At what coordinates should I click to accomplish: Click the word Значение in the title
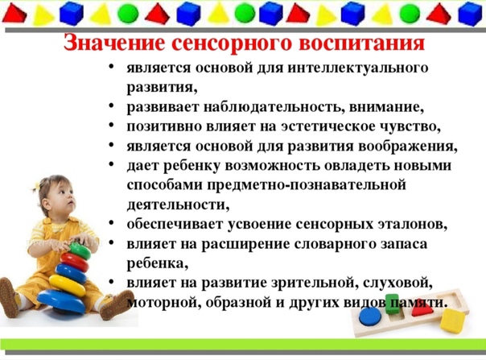113,43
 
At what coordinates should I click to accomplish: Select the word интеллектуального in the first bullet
358,68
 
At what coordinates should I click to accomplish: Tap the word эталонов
413,225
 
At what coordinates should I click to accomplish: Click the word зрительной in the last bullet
314,283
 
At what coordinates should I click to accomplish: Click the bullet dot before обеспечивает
112,223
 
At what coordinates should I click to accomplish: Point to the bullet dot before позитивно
112,126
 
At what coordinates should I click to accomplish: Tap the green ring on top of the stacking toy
79,250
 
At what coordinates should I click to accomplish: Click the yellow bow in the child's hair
35,186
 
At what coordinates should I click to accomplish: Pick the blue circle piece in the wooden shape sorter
370,317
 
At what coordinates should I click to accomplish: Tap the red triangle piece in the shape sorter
422,309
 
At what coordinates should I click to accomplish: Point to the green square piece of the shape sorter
392,304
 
